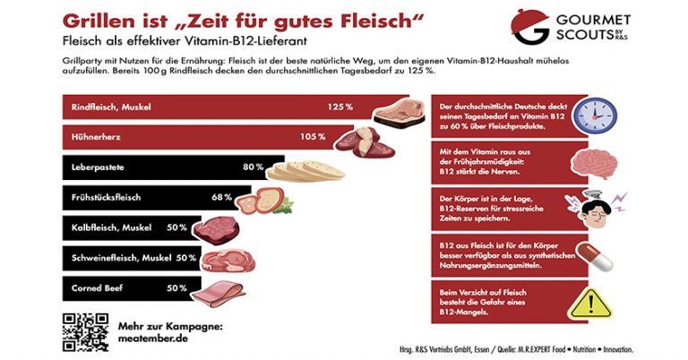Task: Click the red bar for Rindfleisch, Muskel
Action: (215, 107)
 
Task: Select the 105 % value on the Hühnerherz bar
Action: (313, 137)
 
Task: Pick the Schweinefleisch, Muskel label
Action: (121, 258)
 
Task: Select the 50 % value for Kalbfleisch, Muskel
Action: (176, 227)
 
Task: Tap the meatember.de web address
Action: (155, 338)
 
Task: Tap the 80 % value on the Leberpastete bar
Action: (253, 167)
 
